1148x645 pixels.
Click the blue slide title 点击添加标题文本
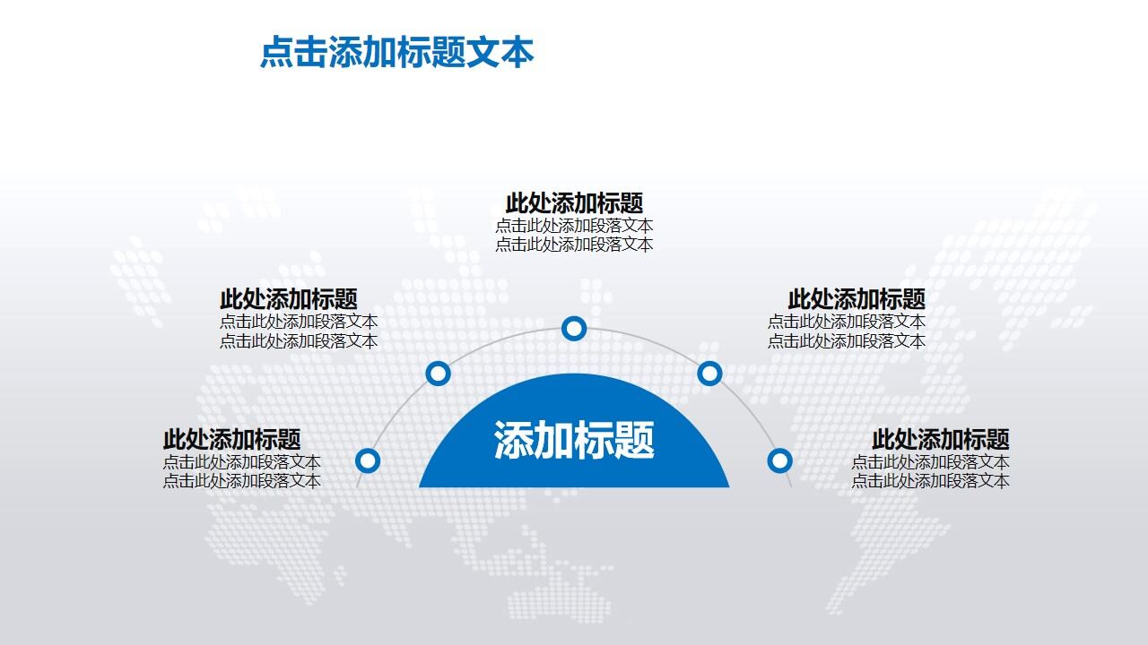[396, 53]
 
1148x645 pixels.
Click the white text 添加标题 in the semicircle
[574, 440]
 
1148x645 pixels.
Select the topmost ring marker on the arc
[574, 329]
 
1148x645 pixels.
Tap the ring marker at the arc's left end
[368, 460]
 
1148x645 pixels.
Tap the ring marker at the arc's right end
[780, 460]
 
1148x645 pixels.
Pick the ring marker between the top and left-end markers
[438, 373]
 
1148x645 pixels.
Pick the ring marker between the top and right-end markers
[709, 373]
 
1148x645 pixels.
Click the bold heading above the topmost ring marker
[574, 203]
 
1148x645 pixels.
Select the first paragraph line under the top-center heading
[574, 226]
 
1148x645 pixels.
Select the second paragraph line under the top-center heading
[574, 245]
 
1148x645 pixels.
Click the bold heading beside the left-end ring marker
[231, 440]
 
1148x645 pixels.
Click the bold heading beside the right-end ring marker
[941, 440]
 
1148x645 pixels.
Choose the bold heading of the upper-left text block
[288, 299]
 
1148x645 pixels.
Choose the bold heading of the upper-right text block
[857, 299]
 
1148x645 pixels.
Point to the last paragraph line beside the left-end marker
[242, 481]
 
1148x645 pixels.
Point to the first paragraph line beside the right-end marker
[930, 462]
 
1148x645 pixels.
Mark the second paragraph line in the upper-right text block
[847, 341]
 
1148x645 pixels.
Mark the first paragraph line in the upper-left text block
[299, 322]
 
